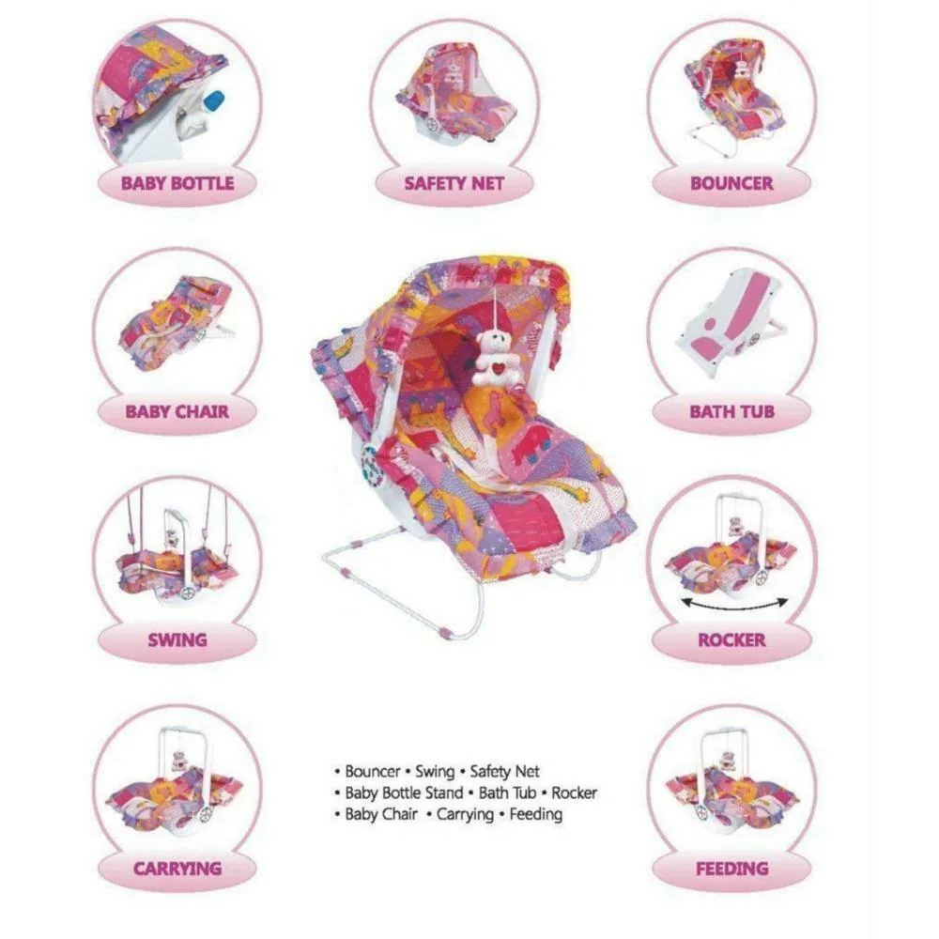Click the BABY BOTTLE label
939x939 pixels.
point(177,183)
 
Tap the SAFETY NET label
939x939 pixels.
point(454,183)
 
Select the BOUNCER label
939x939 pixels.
point(731,183)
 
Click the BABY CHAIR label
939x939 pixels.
point(177,412)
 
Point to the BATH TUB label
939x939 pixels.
point(731,412)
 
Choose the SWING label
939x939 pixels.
point(177,640)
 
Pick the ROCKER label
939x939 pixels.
point(731,640)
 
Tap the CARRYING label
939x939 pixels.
point(177,869)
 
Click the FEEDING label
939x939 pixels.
point(731,869)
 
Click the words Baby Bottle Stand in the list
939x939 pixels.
point(404,793)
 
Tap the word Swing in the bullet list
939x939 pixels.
point(435,771)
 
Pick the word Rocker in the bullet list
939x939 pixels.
point(575,793)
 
